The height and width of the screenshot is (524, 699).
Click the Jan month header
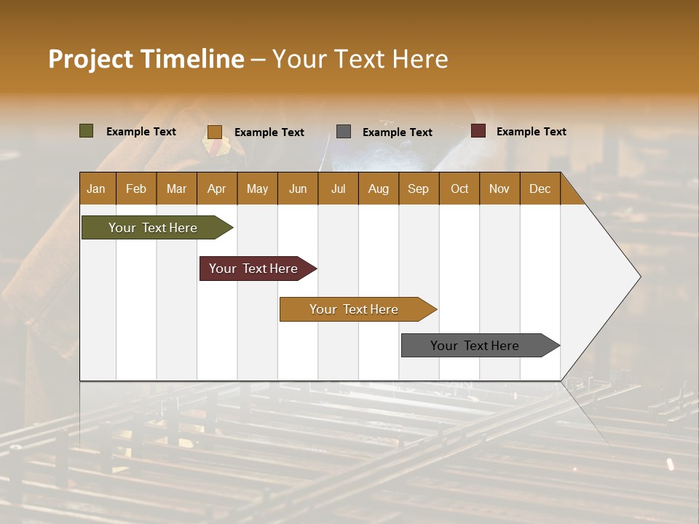97,188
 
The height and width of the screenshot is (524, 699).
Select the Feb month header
136,188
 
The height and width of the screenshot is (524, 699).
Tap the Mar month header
176,188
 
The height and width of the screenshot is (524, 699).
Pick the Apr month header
217,188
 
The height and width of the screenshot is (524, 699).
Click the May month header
257,188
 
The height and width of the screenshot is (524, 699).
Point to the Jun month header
298,188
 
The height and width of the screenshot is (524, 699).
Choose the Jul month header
338,188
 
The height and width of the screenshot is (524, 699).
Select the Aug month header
379,188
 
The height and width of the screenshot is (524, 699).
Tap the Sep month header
419,188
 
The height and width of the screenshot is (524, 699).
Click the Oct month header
459,188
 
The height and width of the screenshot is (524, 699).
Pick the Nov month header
499,188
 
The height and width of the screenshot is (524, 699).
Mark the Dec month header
540,188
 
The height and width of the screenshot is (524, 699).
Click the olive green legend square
87,131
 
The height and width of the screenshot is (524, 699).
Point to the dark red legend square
478,131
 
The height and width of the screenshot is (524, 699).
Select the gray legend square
344,132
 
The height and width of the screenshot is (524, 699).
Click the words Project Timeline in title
146,59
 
